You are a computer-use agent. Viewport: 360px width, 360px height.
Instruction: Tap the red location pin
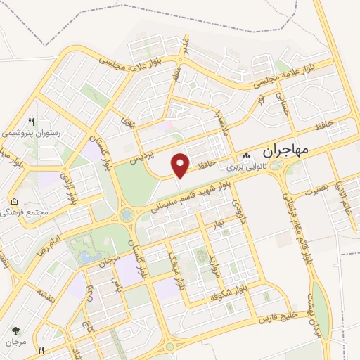[x=181, y=165]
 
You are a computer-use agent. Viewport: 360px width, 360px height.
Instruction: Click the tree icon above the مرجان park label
[x=15, y=328]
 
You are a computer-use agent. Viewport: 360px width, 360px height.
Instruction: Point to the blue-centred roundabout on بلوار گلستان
[x=127, y=214]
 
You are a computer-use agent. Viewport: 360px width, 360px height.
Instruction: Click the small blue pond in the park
[x=87, y=257]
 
